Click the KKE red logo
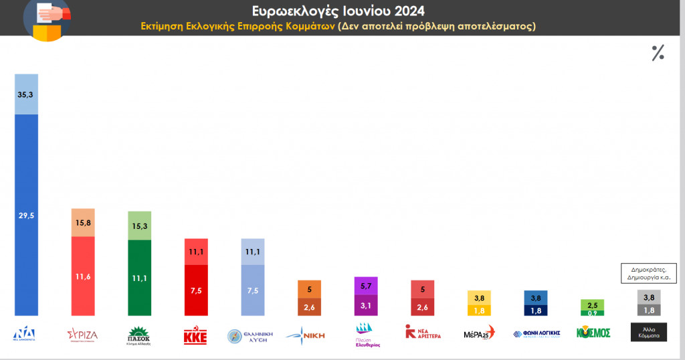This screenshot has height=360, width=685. (196, 333)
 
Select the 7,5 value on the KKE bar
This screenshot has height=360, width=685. (196, 290)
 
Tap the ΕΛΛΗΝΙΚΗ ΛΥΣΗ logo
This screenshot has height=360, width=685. (252, 334)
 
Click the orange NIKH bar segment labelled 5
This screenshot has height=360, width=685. (308, 290)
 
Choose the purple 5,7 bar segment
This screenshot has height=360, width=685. (365, 286)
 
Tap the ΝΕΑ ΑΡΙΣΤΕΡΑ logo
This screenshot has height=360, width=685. (422, 333)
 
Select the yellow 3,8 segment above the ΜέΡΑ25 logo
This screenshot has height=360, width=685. (478, 298)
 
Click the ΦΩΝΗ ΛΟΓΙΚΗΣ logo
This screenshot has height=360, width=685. (536, 333)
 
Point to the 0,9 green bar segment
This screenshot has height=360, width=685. (591, 312)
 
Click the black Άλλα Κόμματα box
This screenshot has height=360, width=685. (648, 333)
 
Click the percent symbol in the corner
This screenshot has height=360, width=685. (658, 54)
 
